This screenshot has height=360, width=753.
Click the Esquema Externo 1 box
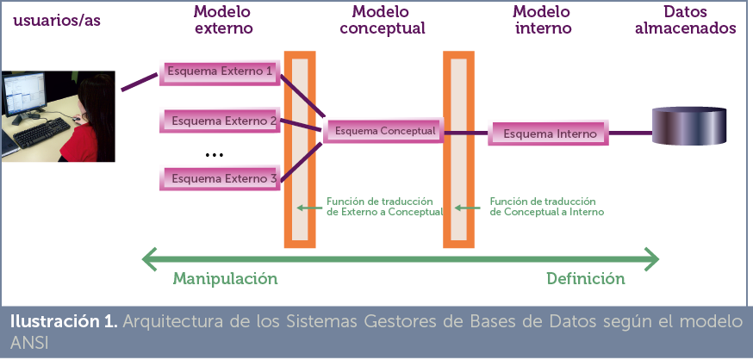[x=220, y=71]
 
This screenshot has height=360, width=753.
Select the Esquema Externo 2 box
[x=223, y=121]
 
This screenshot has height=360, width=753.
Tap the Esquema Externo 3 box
[x=223, y=178]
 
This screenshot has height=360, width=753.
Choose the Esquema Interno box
[x=549, y=134]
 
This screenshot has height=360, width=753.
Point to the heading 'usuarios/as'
[x=56, y=20]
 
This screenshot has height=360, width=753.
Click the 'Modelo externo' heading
[x=223, y=20]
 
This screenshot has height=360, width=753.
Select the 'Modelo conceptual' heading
[x=383, y=20]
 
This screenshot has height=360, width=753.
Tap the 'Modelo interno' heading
[x=542, y=20]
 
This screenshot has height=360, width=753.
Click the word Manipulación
[x=226, y=279]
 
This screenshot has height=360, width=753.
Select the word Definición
[x=585, y=279]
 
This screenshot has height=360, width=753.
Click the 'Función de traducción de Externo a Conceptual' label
[x=383, y=206]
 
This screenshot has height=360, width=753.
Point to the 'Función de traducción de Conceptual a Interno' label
[x=546, y=206]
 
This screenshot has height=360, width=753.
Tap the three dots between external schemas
[x=215, y=154]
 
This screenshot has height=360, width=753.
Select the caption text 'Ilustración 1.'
[x=63, y=323]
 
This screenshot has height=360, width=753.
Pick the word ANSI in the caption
[x=28, y=342]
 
